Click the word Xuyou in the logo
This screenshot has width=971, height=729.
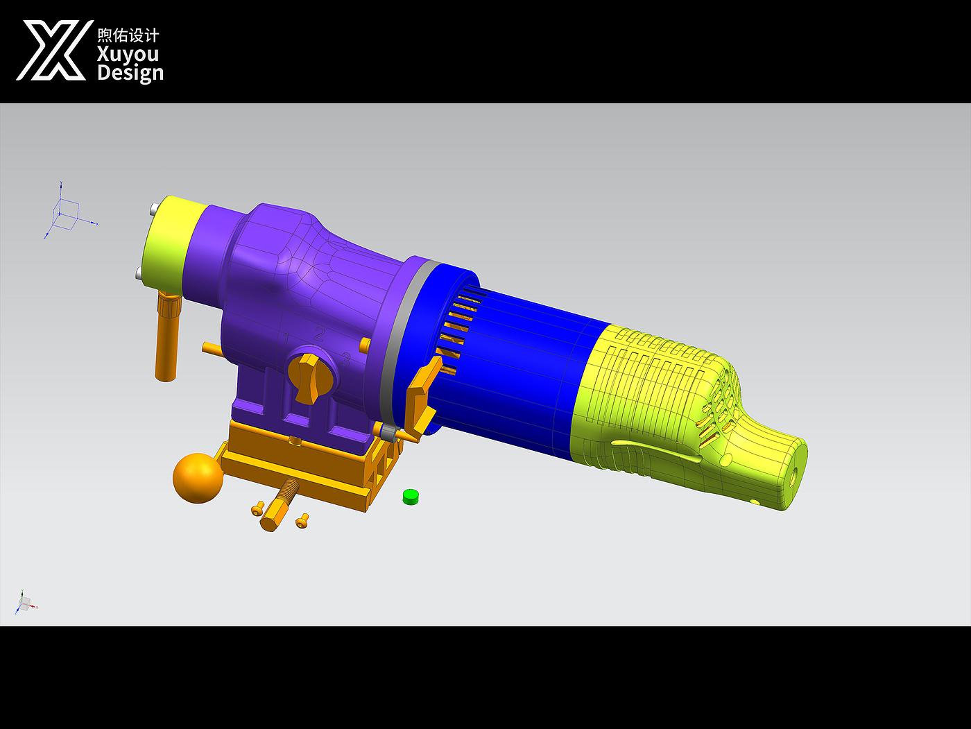(128, 54)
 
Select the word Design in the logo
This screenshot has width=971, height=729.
(130, 73)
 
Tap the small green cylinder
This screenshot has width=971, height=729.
(411, 497)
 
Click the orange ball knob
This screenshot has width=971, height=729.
(198, 478)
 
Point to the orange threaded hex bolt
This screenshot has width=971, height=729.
(279, 505)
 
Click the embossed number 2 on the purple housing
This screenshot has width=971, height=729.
(319, 334)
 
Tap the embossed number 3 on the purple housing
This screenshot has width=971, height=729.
(345, 359)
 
